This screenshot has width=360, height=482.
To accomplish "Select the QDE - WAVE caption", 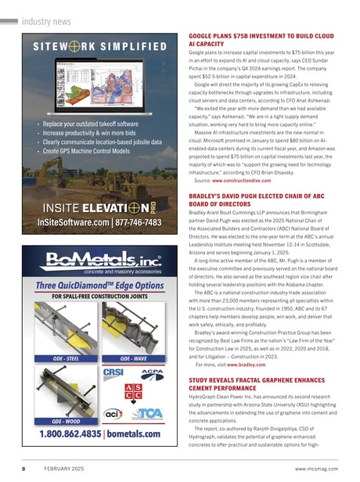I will coord(129,358).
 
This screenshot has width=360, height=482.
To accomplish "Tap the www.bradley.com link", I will coord(245,364).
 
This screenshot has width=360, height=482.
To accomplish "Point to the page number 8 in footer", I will coord(24,468).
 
